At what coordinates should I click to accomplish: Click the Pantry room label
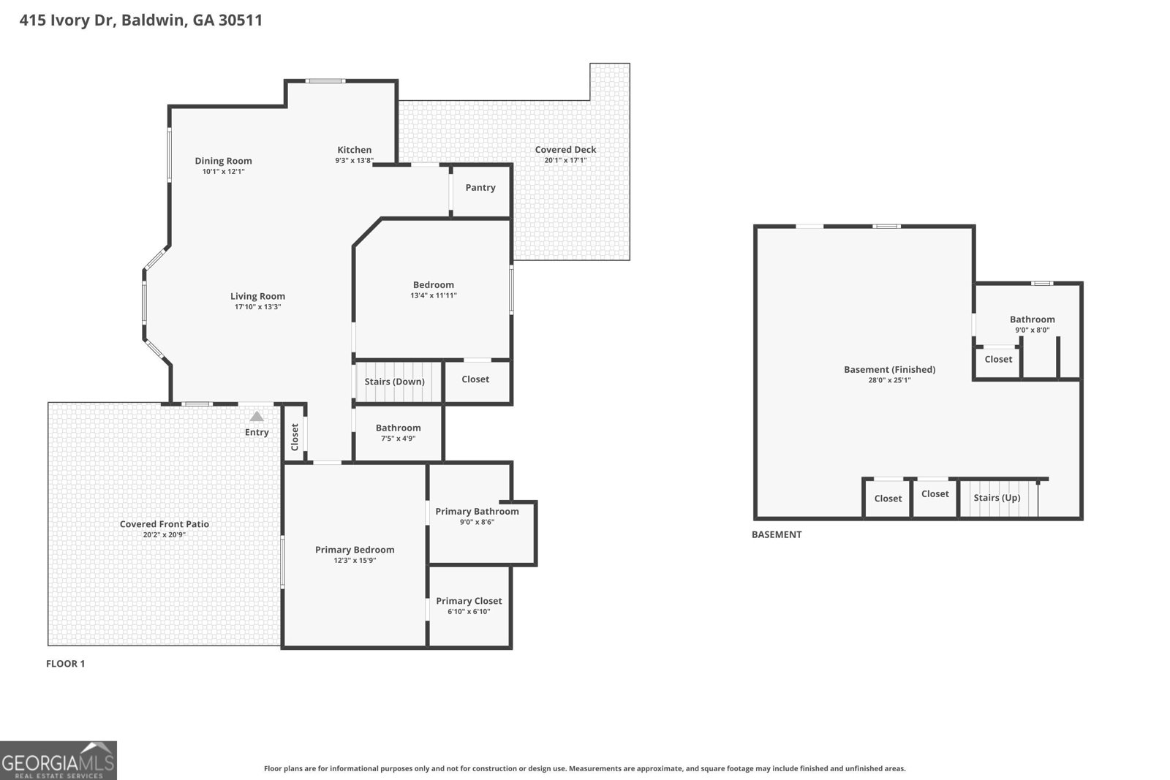[480, 188]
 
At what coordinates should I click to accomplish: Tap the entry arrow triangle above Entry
[256, 417]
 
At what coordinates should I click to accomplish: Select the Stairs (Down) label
[394, 382]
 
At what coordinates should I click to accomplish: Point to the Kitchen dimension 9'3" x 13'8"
[355, 160]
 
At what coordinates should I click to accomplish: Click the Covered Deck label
[565, 150]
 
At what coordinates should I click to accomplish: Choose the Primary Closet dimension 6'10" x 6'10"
[469, 611]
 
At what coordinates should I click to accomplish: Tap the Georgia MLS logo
[58, 760]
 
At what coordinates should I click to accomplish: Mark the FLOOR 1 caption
[66, 664]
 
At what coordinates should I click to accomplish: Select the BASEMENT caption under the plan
[777, 534]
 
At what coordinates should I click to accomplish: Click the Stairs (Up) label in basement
[997, 498]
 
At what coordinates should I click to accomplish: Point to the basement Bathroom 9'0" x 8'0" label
[1032, 324]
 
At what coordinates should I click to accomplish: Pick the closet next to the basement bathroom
[998, 359]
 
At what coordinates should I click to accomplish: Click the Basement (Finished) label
[889, 369]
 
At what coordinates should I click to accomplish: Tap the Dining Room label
[223, 161]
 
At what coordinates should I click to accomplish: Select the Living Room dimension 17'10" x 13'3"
[257, 307]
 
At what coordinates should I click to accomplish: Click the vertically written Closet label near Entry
[295, 436]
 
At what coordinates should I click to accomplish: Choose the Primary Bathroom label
[477, 511]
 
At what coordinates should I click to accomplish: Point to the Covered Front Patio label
[165, 524]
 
